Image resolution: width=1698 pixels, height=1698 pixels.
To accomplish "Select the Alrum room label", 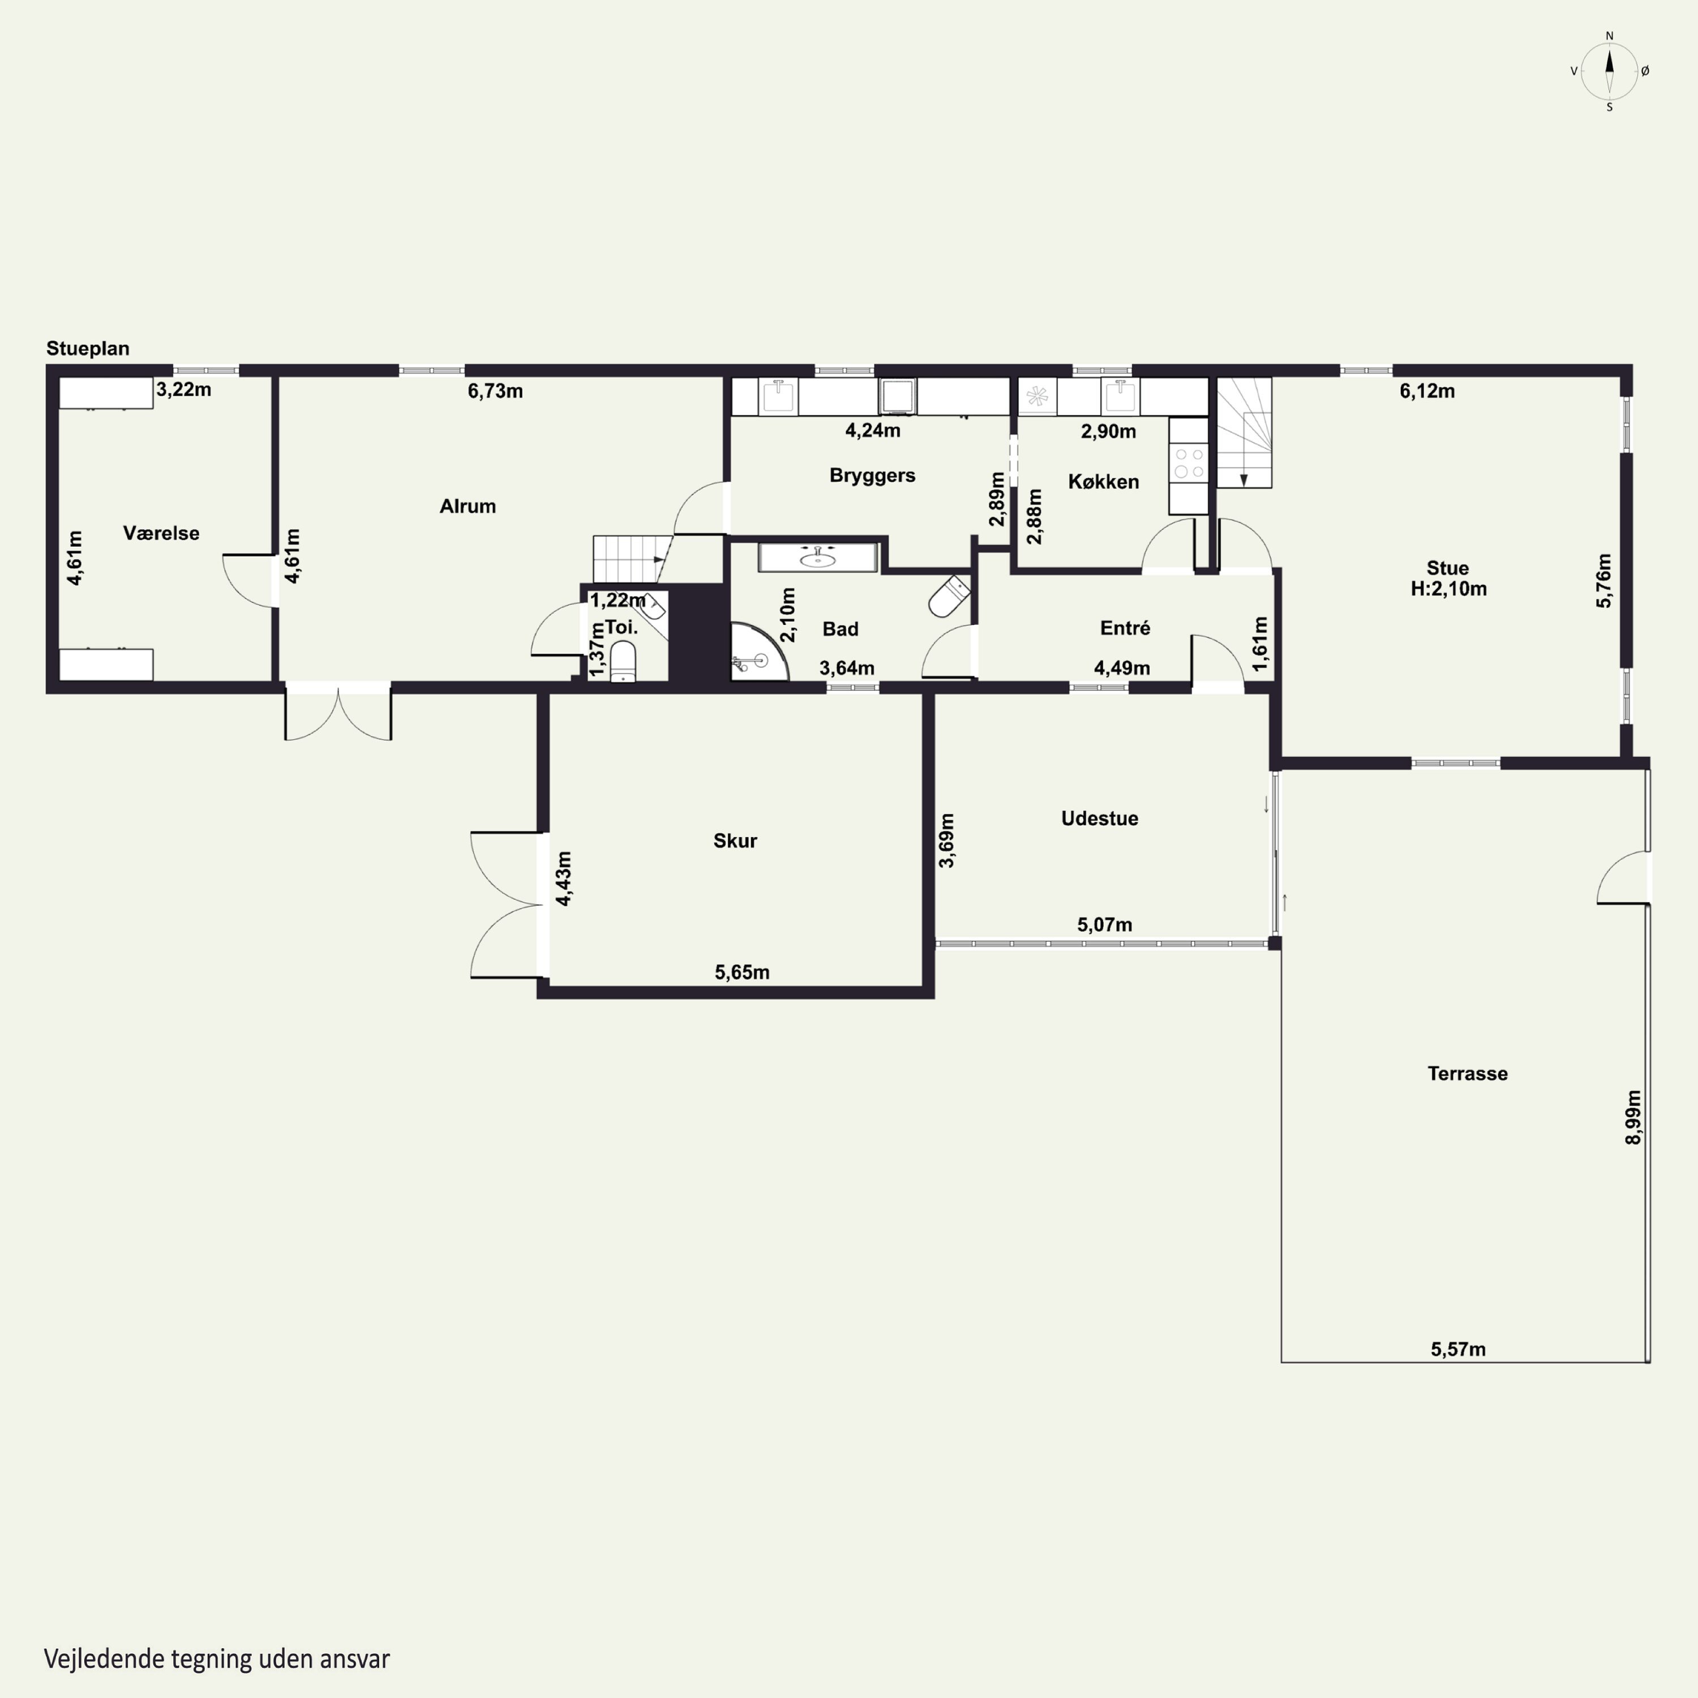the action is (468, 506).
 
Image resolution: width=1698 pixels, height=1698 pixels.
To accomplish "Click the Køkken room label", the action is (1103, 482).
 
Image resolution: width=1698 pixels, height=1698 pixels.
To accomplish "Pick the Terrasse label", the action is (1467, 1073).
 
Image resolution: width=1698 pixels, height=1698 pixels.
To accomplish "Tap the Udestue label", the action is (1100, 818).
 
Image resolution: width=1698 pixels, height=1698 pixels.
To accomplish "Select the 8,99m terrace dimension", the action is (1633, 1117).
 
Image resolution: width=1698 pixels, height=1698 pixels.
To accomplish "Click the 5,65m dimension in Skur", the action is (742, 972).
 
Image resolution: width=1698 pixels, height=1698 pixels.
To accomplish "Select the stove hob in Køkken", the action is (1188, 464).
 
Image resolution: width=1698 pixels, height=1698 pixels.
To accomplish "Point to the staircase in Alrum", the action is (629, 559).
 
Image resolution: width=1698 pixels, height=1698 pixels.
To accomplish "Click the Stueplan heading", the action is (88, 349).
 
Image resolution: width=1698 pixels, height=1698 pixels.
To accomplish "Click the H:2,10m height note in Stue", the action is (1448, 589).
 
